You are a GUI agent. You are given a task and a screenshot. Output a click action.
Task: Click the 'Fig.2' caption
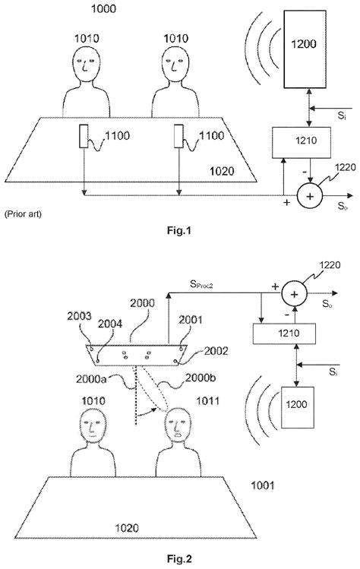pyautogui.click(x=180, y=560)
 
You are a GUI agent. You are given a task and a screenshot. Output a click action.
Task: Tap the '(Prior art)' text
pyautogui.click(x=23, y=213)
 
